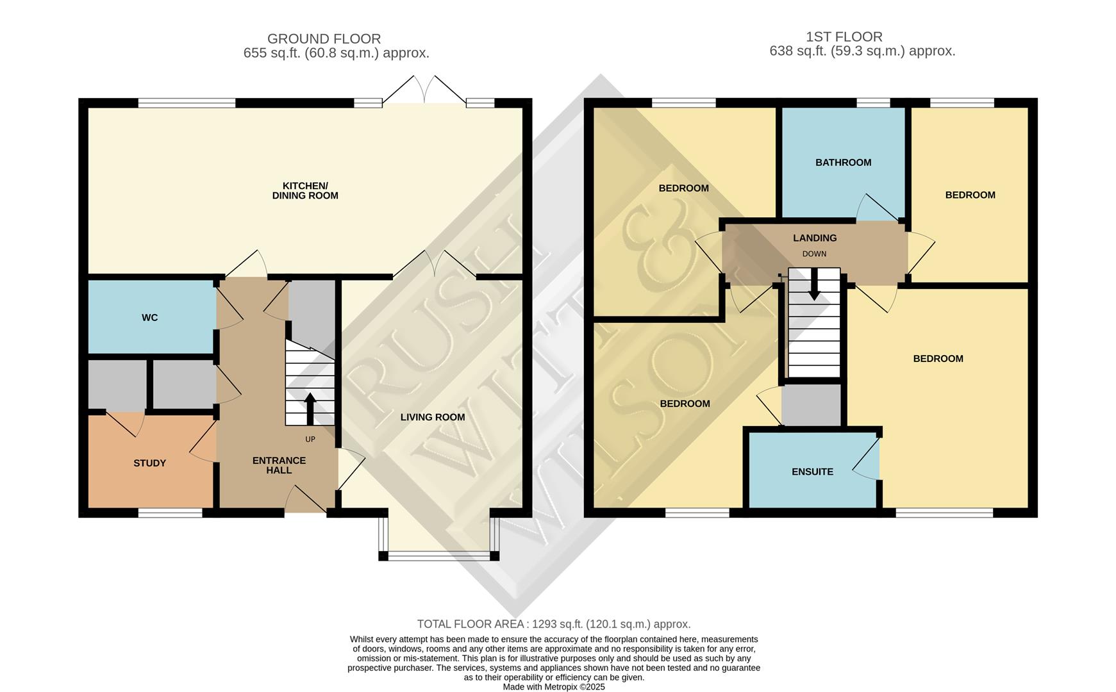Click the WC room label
149,318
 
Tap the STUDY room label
149,463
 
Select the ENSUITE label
812,472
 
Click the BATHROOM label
843,163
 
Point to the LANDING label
815,238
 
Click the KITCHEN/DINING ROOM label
305,191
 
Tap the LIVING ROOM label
433,417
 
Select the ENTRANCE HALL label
279,465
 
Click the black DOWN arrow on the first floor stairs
814,284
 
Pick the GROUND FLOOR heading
324,39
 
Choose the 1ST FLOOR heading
844,37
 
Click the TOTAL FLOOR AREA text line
554,624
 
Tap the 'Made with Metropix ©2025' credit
554,687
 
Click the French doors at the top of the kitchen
424,92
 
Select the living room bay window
438,555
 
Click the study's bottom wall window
171,513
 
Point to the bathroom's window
873,103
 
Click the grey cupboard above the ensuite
812,405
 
